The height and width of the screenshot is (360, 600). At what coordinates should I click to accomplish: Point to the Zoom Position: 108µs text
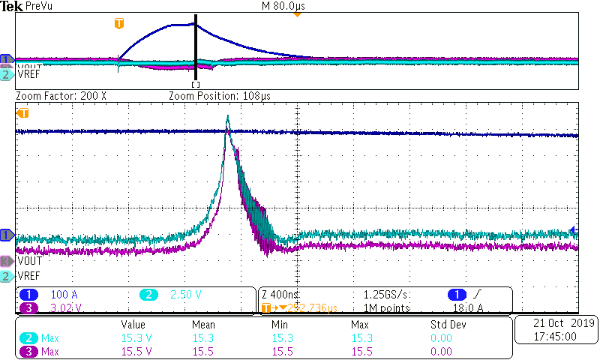pos(219,97)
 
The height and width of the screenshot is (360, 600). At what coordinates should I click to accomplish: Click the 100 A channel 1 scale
pos(64,295)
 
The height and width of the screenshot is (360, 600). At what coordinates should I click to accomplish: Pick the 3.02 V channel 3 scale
pos(64,307)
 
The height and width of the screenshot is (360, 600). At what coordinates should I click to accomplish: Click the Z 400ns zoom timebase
pos(282,295)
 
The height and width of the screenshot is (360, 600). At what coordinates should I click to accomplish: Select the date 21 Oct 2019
pos(556,323)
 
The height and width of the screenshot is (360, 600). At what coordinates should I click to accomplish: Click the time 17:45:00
pos(556,336)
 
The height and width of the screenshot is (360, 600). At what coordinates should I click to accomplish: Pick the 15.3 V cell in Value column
pos(136,338)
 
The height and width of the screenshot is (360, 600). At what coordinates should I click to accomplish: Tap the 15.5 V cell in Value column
pos(136,351)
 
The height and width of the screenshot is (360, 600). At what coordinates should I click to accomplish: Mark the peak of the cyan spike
pos(227,116)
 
